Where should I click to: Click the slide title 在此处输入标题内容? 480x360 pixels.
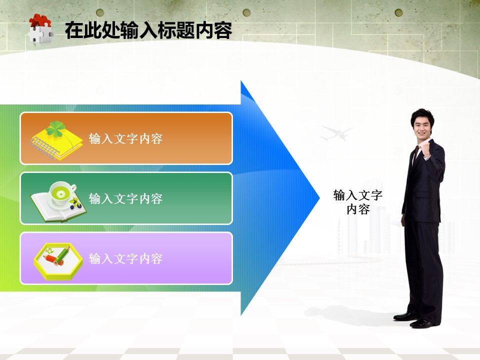(148, 30)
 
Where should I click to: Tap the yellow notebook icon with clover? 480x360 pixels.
(56, 140)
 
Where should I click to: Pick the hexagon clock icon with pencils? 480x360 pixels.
(58, 261)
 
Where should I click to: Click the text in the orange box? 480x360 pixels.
(125, 138)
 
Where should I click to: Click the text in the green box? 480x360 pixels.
(125, 198)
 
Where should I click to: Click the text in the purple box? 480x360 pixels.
(125, 258)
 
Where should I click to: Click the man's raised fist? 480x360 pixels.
(425, 150)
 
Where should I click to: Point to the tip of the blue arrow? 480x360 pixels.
(320, 198)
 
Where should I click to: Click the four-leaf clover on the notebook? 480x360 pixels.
(55, 129)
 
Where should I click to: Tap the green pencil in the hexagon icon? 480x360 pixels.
(62, 256)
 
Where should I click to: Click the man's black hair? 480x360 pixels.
(422, 116)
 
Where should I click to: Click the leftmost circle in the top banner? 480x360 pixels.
(100, 13)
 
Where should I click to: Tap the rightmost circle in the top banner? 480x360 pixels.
(398, 13)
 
